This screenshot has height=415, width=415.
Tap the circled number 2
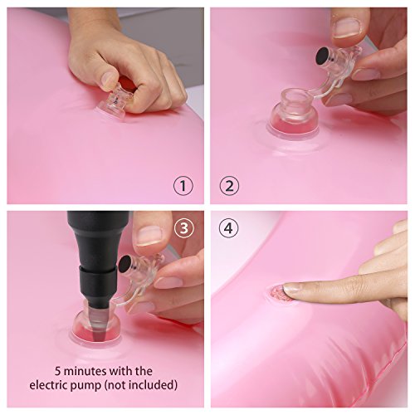pyautogui.click(x=231, y=184)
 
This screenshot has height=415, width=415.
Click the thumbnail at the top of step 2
pyautogui.click(x=344, y=30)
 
